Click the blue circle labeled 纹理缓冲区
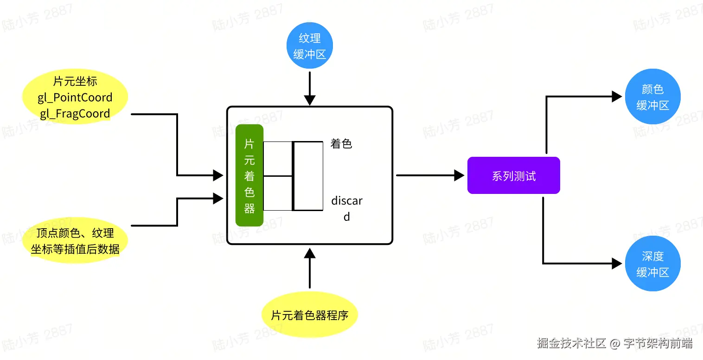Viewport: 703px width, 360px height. (x=309, y=46)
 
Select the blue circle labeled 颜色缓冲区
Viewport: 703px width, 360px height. (x=652, y=97)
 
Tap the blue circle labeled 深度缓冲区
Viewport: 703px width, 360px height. (x=652, y=264)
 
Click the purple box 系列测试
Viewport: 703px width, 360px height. (x=513, y=176)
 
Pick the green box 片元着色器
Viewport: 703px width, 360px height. (x=249, y=175)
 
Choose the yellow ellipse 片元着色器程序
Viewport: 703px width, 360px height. (x=309, y=316)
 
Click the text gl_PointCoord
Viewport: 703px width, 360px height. (x=75, y=97)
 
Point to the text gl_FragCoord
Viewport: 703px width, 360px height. (x=75, y=114)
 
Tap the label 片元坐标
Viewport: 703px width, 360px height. (x=75, y=82)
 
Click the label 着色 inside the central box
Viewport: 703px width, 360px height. (x=341, y=144)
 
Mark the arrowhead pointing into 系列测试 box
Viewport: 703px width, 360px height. (x=459, y=175)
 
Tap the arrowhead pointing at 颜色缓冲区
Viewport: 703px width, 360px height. (x=617, y=96)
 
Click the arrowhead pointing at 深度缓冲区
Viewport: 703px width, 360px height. (x=617, y=264)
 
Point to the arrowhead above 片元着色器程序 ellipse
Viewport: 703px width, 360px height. (x=310, y=252)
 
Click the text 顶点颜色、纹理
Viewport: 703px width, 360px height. (x=75, y=233)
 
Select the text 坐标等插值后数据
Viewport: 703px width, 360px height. (x=75, y=249)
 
